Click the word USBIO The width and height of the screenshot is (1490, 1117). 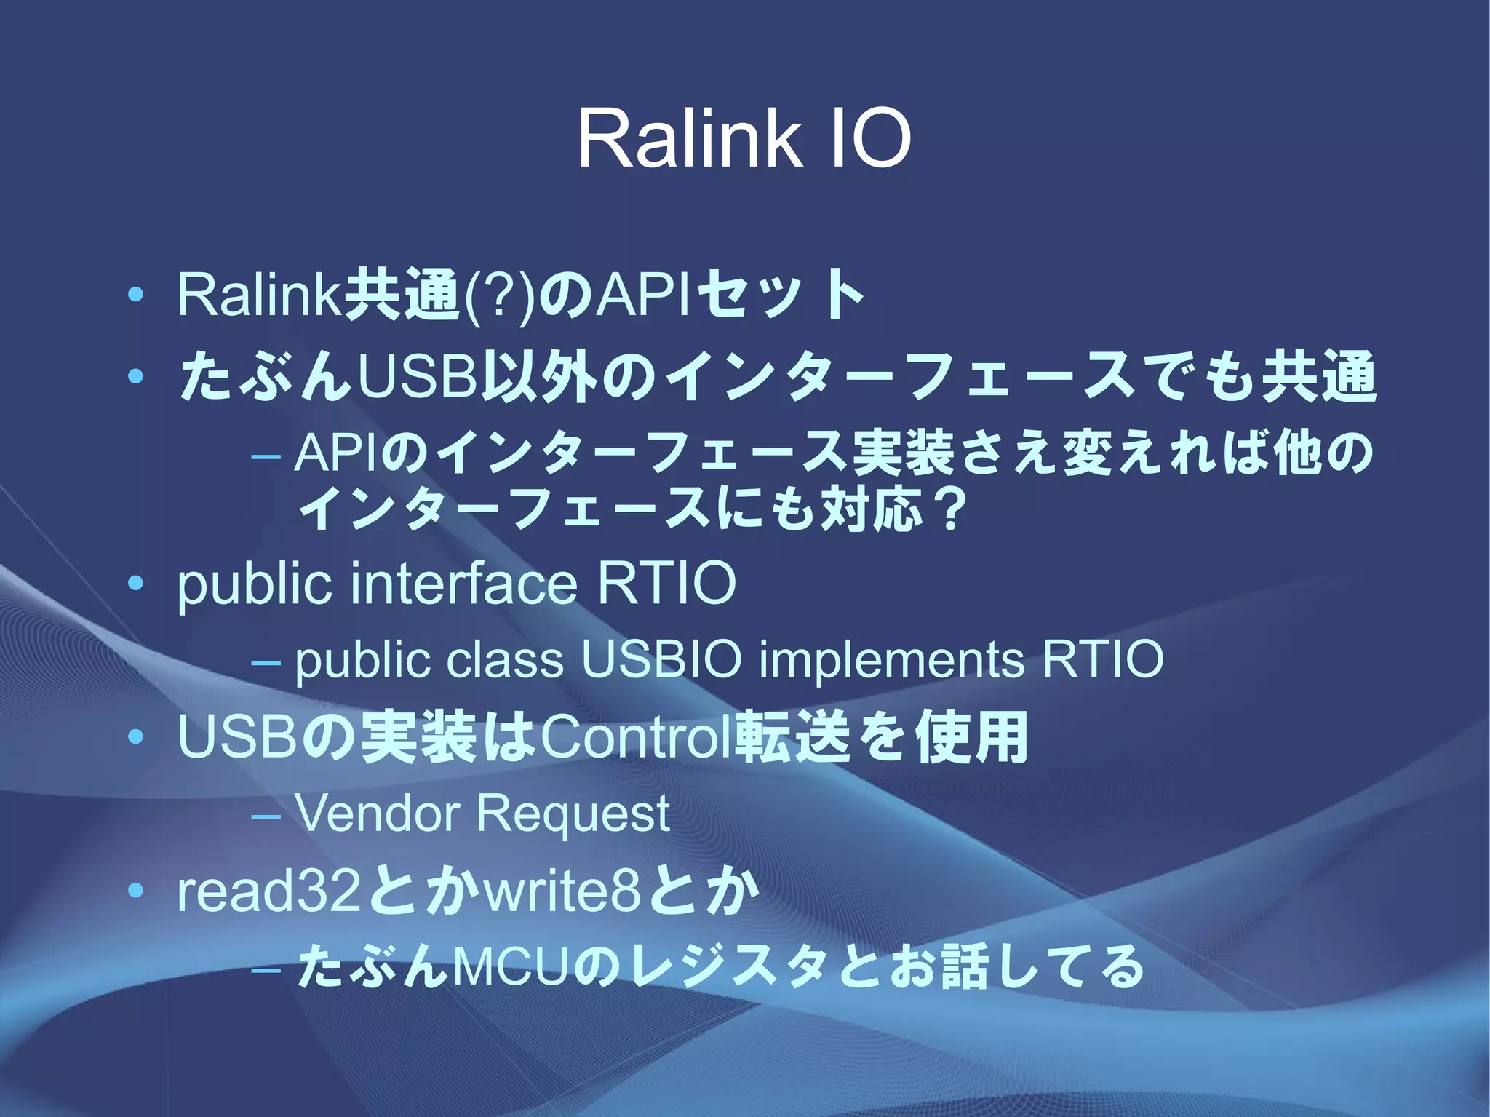pos(661,659)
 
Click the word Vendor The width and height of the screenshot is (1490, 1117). pos(376,813)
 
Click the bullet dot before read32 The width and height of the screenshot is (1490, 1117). pos(135,891)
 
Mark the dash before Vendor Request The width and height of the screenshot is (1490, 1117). pos(265,815)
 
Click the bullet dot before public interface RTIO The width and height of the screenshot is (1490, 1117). pos(135,584)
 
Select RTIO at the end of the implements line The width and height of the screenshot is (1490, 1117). pos(1102,659)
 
